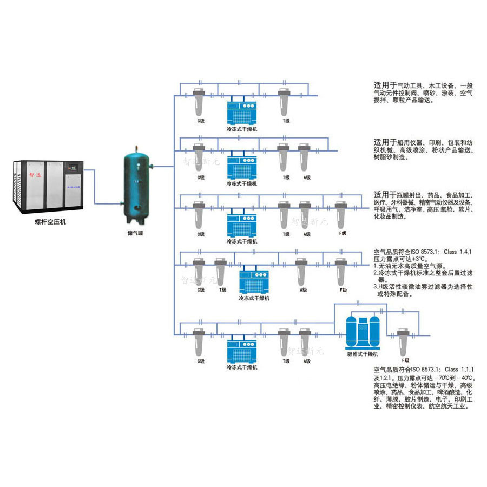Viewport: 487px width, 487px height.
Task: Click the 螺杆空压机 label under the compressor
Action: pyautogui.click(x=48, y=222)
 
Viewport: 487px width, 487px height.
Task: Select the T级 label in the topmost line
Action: pyautogui.click(x=285, y=121)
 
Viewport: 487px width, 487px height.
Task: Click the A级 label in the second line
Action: pyautogui.click(x=307, y=177)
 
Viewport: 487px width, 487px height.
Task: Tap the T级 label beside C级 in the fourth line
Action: pyautogui.click(x=222, y=290)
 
